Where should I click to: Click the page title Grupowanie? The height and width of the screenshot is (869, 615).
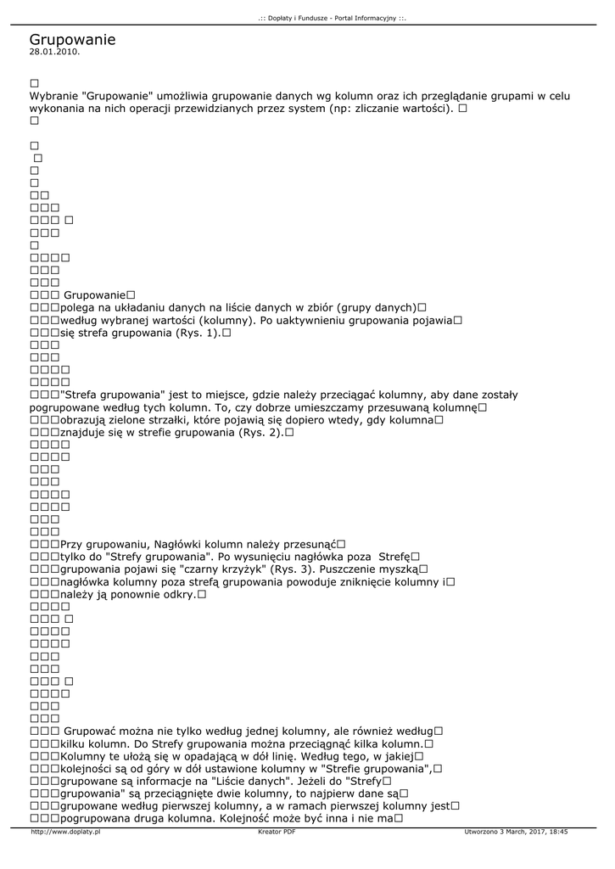[x=72, y=39]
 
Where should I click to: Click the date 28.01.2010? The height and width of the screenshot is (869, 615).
[x=54, y=52]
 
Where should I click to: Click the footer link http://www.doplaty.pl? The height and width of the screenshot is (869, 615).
[x=65, y=833]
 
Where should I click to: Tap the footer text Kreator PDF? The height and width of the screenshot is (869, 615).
[x=277, y=833]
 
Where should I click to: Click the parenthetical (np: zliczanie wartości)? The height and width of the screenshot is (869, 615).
[x=390, y=109]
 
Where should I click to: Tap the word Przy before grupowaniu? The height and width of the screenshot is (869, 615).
[x=73, y=544]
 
